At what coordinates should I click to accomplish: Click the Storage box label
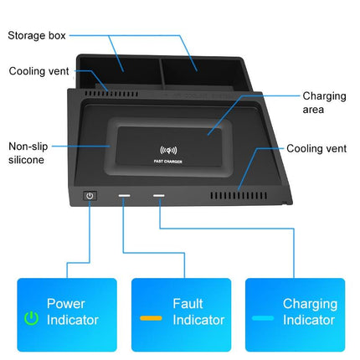(x=37, y=36)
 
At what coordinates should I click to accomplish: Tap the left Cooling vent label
(x=39, y=71)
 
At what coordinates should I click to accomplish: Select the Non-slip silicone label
(x=28, y=152)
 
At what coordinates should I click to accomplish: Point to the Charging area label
(x=324, y=102)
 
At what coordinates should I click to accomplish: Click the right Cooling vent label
(x=316, y=148)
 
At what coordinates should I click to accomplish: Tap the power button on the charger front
(x=90, y=197)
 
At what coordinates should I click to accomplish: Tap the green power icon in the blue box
(x=31, y=318)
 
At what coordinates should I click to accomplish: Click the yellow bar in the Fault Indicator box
(x=151, y=319)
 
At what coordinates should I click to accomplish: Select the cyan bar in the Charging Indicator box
(x=264, y=319)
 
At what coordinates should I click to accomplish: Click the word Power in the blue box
(x=65, y=304)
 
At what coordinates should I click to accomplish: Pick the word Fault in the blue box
(x=188, y=304)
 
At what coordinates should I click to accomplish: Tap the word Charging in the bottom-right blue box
(x=309, y=304)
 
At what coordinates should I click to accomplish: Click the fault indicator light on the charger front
(x=124, y=198)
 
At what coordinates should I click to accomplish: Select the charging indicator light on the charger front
(x=158, y=198)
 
